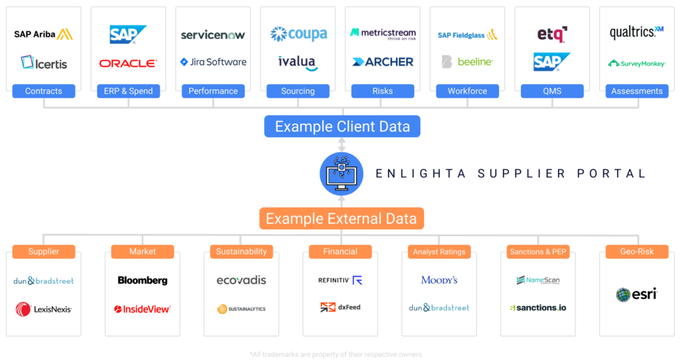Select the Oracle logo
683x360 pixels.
point(128,63)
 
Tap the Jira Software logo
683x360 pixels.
point(213,62)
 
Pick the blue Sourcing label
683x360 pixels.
point(297,91)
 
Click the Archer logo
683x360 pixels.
point(383,62)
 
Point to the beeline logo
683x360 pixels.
point(467,62)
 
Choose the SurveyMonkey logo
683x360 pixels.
point(636,63)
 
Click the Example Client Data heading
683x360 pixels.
point(342,126)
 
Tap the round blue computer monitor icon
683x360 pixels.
point(341,173)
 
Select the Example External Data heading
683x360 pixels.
point(341,219)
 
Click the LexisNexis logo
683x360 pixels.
point(43,309)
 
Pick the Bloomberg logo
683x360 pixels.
point(142,281)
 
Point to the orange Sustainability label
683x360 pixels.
point(241,252)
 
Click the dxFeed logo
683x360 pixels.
point(340,307)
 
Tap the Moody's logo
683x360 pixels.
point(439,280)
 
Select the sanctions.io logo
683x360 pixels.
point(538,308)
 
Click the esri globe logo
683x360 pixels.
point(636,294)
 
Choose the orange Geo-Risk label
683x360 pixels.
point(636,252)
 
